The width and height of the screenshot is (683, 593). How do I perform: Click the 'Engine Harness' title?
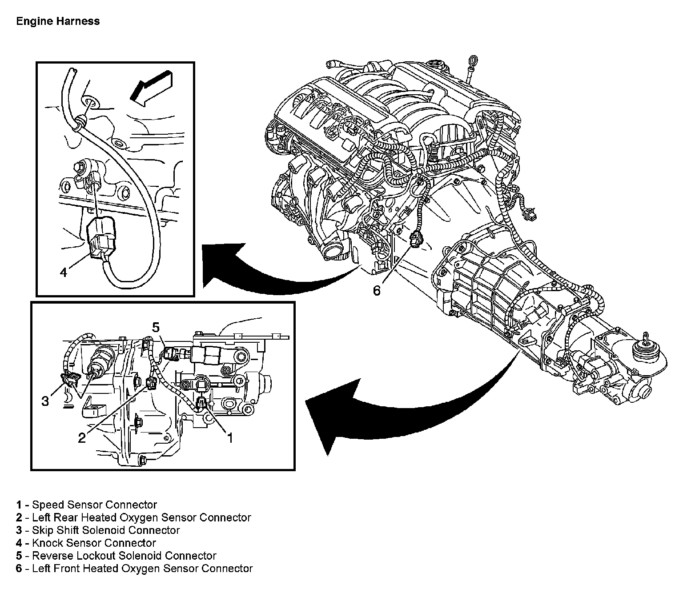(58, 21)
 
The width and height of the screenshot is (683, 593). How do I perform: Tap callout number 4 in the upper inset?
(64, 272)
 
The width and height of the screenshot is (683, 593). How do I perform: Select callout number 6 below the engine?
(377, 290)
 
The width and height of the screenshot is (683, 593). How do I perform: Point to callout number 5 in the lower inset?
(155, 328)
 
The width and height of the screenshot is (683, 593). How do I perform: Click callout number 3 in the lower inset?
(45, 401)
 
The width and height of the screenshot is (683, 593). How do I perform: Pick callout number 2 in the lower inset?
(82, 438)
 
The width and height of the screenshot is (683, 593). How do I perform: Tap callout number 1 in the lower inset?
(229, 438)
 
